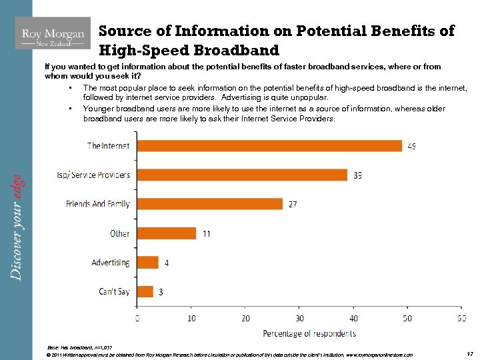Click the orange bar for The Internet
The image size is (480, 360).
269,145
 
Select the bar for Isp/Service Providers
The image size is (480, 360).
242,175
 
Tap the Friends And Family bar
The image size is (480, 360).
210,204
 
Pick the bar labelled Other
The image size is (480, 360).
167,233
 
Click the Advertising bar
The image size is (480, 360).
148,263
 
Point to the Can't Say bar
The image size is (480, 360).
145,291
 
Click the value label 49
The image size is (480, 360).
411,146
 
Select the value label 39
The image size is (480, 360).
358,175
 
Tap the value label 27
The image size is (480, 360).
293,205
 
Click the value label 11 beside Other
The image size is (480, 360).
207,234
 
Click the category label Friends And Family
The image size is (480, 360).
97,204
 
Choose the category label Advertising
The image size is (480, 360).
111,263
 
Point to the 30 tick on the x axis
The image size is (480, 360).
300,318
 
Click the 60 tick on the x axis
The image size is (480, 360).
461,318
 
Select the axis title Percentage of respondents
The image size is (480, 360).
309,333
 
